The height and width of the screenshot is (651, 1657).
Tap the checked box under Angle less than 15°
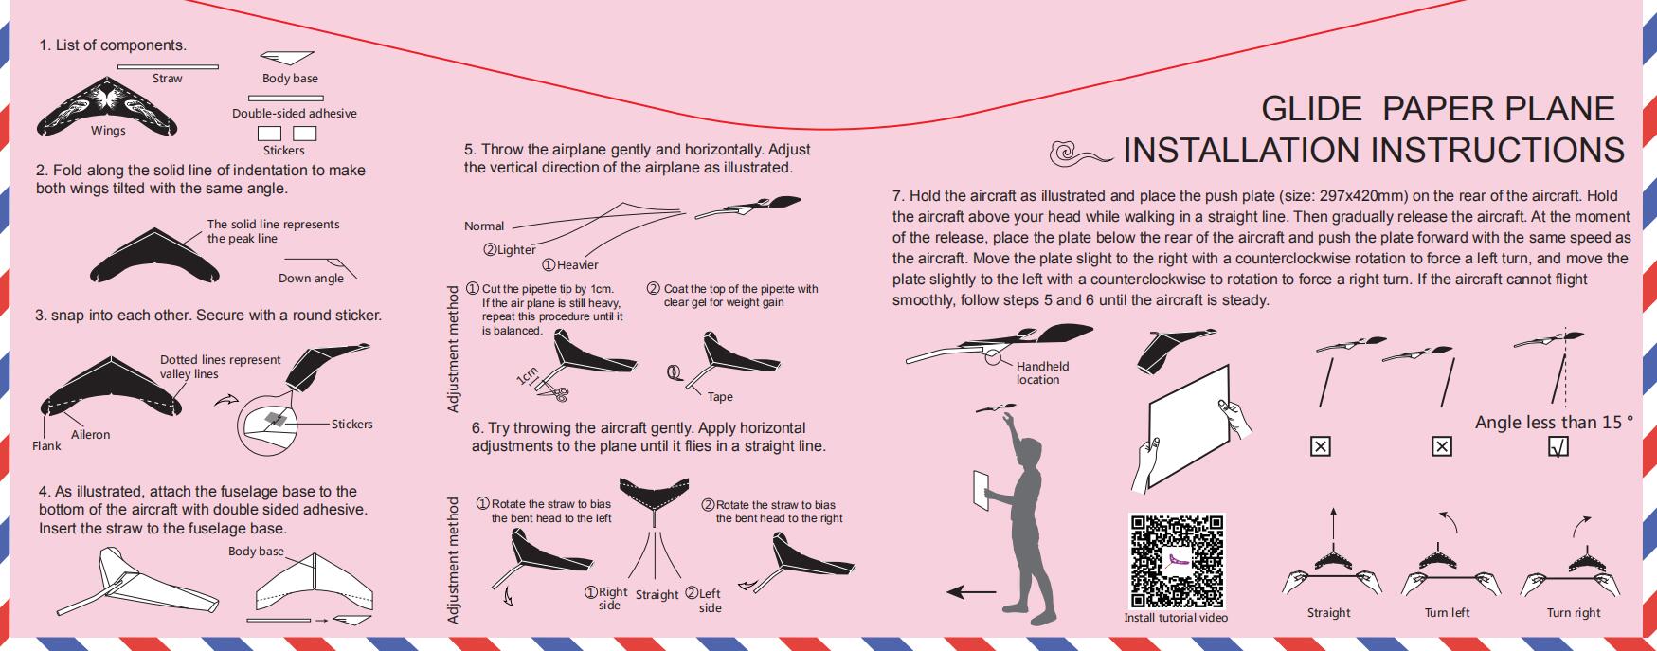pyautogui.click(x=1558, y=445)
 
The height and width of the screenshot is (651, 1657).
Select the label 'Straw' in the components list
pyautogui.click(x=168, y=79)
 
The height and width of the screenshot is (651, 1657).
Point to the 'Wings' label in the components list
pyautogui.click(x=108, y=131)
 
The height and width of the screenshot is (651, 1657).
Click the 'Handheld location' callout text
pyautogui.click(x=1042, y=372)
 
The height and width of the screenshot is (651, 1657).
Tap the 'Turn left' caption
pyautogui.click(x=1447, y=613)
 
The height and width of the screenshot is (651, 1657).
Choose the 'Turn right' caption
pyautogui.click(x=1574, y=613)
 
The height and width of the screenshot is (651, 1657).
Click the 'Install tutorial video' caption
pyautogui.click(x=1176, y=618)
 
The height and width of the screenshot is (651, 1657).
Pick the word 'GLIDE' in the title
pyautogui.click(x=1311, y=109)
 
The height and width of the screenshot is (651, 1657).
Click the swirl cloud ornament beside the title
pyautogui.click(x=1080, y=151)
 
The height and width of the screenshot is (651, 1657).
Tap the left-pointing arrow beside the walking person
pyautogui.click(x=971, y=592)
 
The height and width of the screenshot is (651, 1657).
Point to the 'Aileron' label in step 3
pyautogui.click(x=90, y=435)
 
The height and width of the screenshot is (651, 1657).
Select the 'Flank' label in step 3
pyautogui.click(x=46, y=446)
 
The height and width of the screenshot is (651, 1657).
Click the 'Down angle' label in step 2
pyautogui.click(x=311, y=279)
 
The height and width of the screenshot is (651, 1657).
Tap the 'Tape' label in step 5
pyautogui.click(x=720, y=397)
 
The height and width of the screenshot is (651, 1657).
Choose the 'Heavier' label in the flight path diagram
pyautogui.click(x=571, y=265)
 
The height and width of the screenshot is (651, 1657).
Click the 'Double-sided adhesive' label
pyautogui.click(x=295, y=114)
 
